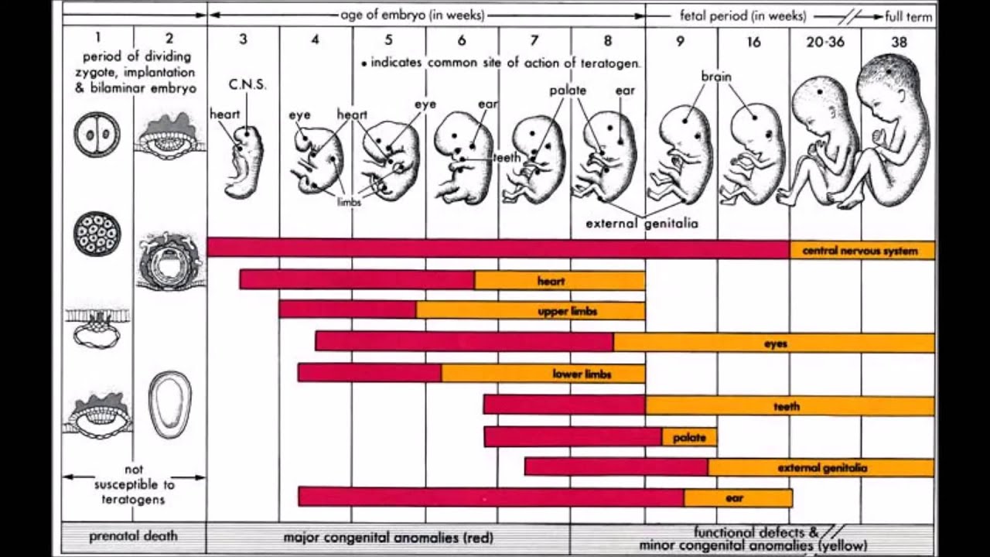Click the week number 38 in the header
click(x=899, y=41)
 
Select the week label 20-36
click(x=825, y=41)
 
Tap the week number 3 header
click(x=243, y=39)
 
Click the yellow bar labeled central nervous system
click(x=862, y=251)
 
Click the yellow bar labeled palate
click(x=689, y=437)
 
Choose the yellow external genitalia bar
click(x=821, y=467)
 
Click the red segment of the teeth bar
click(x=564, y=405)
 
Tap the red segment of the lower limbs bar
click(x=370, y=373)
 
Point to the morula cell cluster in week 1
click(x=97, y=233)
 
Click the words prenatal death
click(x=133, y=536)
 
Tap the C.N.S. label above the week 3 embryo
click(x=247, y=85)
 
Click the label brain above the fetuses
click(x=716, y=77)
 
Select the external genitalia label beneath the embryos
click(x=642, y=224)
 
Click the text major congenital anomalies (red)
click(x=388, y=537)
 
